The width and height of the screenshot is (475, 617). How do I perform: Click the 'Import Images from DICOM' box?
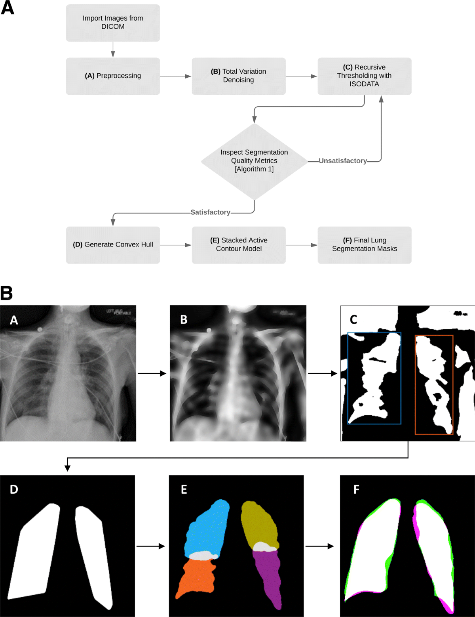click(113, 23)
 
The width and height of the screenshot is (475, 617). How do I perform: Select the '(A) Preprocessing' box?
click(113, 76)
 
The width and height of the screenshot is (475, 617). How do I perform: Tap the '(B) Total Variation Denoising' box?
click(238, 76)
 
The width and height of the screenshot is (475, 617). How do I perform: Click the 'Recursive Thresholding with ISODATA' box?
click(364, 76)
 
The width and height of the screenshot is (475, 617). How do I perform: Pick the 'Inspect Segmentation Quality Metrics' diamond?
click(254, 161)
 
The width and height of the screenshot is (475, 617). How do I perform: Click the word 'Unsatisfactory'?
click(343, 161)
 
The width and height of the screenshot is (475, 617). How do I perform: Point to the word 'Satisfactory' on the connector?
click(210, 212)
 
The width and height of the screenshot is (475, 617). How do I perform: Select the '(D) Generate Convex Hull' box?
click(113, 245)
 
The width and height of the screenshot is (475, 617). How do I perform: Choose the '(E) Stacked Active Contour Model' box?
click(238, 245)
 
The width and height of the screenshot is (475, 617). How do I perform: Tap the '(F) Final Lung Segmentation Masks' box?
click(364, 245)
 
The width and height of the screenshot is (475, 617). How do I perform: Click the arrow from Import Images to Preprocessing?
click(113, 50)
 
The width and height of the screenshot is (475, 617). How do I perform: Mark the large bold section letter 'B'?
click(7, 293)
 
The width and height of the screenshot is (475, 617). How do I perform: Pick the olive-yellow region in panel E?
click(259, 523)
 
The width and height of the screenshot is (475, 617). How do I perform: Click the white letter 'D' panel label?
click(14, 489)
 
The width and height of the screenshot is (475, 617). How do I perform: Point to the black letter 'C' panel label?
click(353, 319)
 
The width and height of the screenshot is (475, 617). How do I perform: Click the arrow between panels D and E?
click(151, 546)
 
